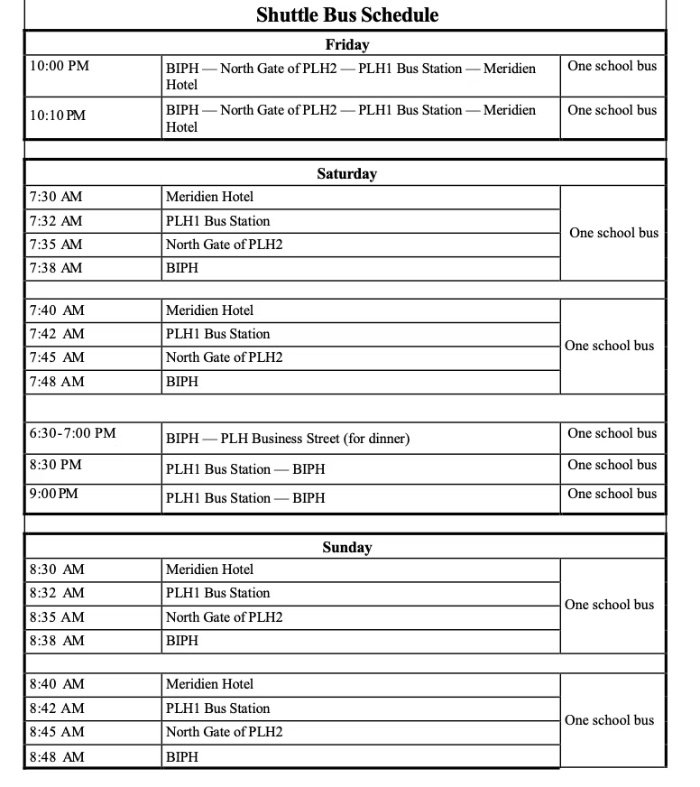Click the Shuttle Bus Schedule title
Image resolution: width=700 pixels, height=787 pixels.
click(347, 15)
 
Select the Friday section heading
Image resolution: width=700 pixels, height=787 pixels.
click(347, 44)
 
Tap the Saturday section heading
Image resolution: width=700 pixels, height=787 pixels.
click(347, 174)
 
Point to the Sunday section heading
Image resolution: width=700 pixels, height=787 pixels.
click(347, 548)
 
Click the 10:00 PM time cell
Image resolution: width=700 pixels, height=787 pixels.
click(60, 66)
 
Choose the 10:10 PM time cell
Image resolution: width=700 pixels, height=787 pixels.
click(58, 116)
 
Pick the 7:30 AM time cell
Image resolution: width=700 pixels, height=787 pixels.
click(56, 197)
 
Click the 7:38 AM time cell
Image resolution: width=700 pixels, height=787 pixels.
click(56, 268)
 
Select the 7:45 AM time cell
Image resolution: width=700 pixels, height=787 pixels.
click(56, 357)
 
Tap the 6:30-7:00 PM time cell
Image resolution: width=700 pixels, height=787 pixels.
click(73, 433)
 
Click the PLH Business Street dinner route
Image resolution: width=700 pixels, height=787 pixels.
click(288, 440)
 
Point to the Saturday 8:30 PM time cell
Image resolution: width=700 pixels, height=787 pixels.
click(56, 465)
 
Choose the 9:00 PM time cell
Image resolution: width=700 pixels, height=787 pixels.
click(54, 494)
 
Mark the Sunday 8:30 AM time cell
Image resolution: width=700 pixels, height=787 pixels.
click(57, 569)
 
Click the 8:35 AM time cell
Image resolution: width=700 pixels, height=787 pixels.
click(57, 617)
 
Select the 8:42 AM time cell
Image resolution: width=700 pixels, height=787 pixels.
click(57, 708)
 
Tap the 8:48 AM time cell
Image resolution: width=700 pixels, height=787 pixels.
click(57, 757)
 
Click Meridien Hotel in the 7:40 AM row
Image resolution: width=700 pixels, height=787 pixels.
click(210, 310)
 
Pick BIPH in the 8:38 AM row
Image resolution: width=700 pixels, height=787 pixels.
click(182, 641)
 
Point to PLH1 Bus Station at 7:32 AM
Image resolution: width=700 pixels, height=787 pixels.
click(218, 221)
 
